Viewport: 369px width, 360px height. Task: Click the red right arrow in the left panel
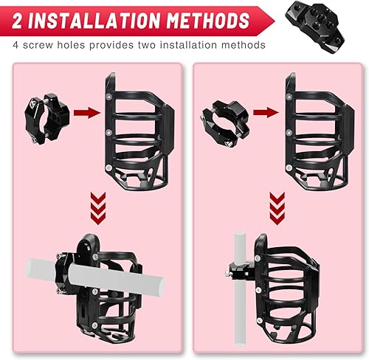tap(87, 112)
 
